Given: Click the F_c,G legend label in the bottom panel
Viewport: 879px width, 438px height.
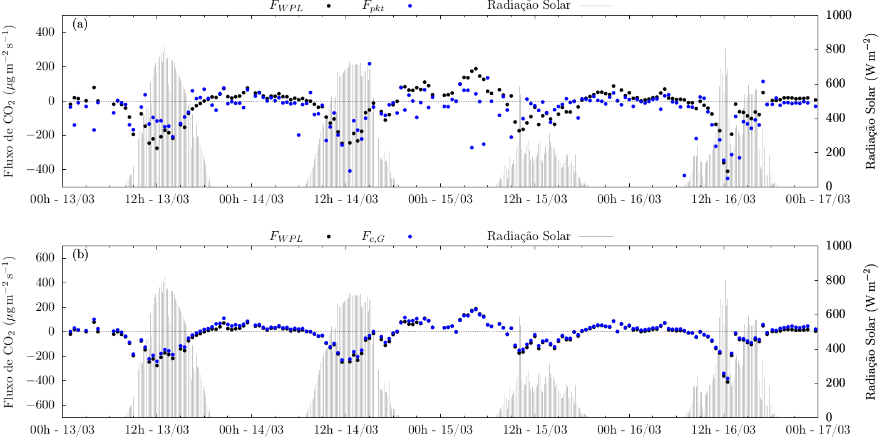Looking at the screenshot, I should pyautogui.click(x=373, y=237).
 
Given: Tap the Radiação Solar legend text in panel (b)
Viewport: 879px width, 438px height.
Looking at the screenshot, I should pyautogui.click(x=528, y=237).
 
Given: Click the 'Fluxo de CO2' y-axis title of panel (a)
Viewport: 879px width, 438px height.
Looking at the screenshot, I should pyautogui.click(x=9, y=101).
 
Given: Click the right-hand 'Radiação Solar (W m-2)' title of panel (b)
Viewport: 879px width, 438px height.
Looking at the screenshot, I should pyautogui.click(x=870, y=331).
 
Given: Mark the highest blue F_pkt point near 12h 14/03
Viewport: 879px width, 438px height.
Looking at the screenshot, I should pyautogui.click(x=369, y=64).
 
